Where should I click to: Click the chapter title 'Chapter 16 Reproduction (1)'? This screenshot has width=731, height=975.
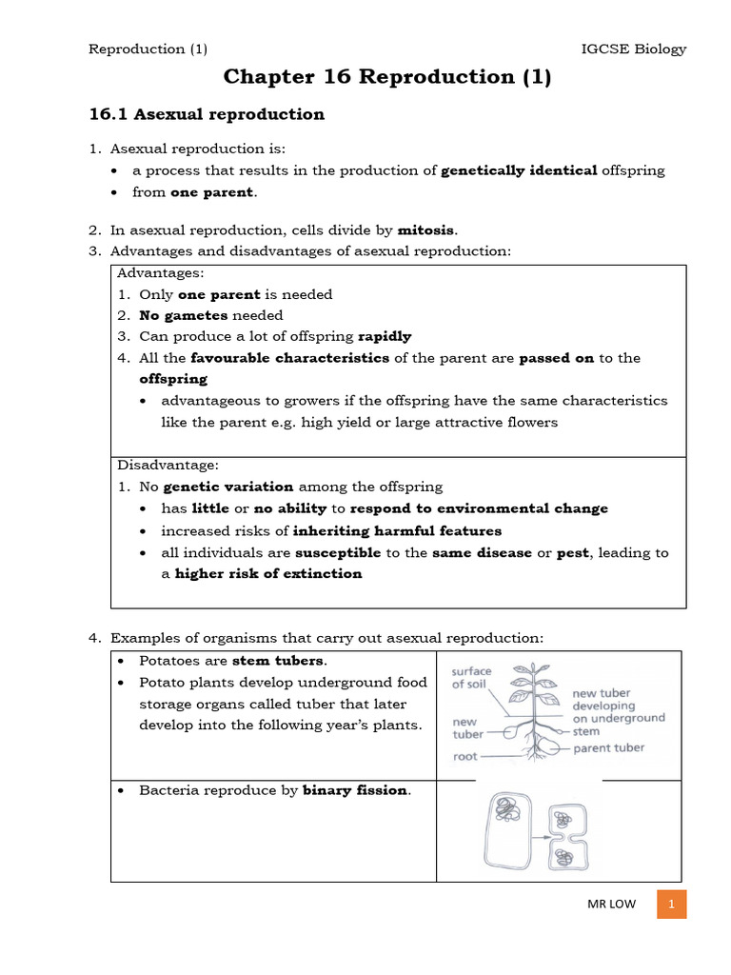coord(386,78)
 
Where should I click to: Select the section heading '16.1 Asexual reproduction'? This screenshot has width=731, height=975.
coord(207,114)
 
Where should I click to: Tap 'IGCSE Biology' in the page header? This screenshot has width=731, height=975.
coord(633,50)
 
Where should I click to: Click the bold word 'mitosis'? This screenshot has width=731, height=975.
coord(426,229)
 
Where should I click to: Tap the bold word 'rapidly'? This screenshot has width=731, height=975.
coord(385,336)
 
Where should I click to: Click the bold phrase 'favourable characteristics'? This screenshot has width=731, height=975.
coord(290,358)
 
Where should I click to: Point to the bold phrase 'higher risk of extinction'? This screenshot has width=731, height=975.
coord(268,573)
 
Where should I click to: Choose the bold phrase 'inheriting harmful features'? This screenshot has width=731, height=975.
coord(397,530)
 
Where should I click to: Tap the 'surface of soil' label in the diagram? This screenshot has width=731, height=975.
coord(472,677)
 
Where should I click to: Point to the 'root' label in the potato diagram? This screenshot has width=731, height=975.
coord(464,757)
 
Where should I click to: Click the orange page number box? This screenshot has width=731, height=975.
coord(671,904)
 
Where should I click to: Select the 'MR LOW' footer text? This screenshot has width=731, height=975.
coord(609,905)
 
